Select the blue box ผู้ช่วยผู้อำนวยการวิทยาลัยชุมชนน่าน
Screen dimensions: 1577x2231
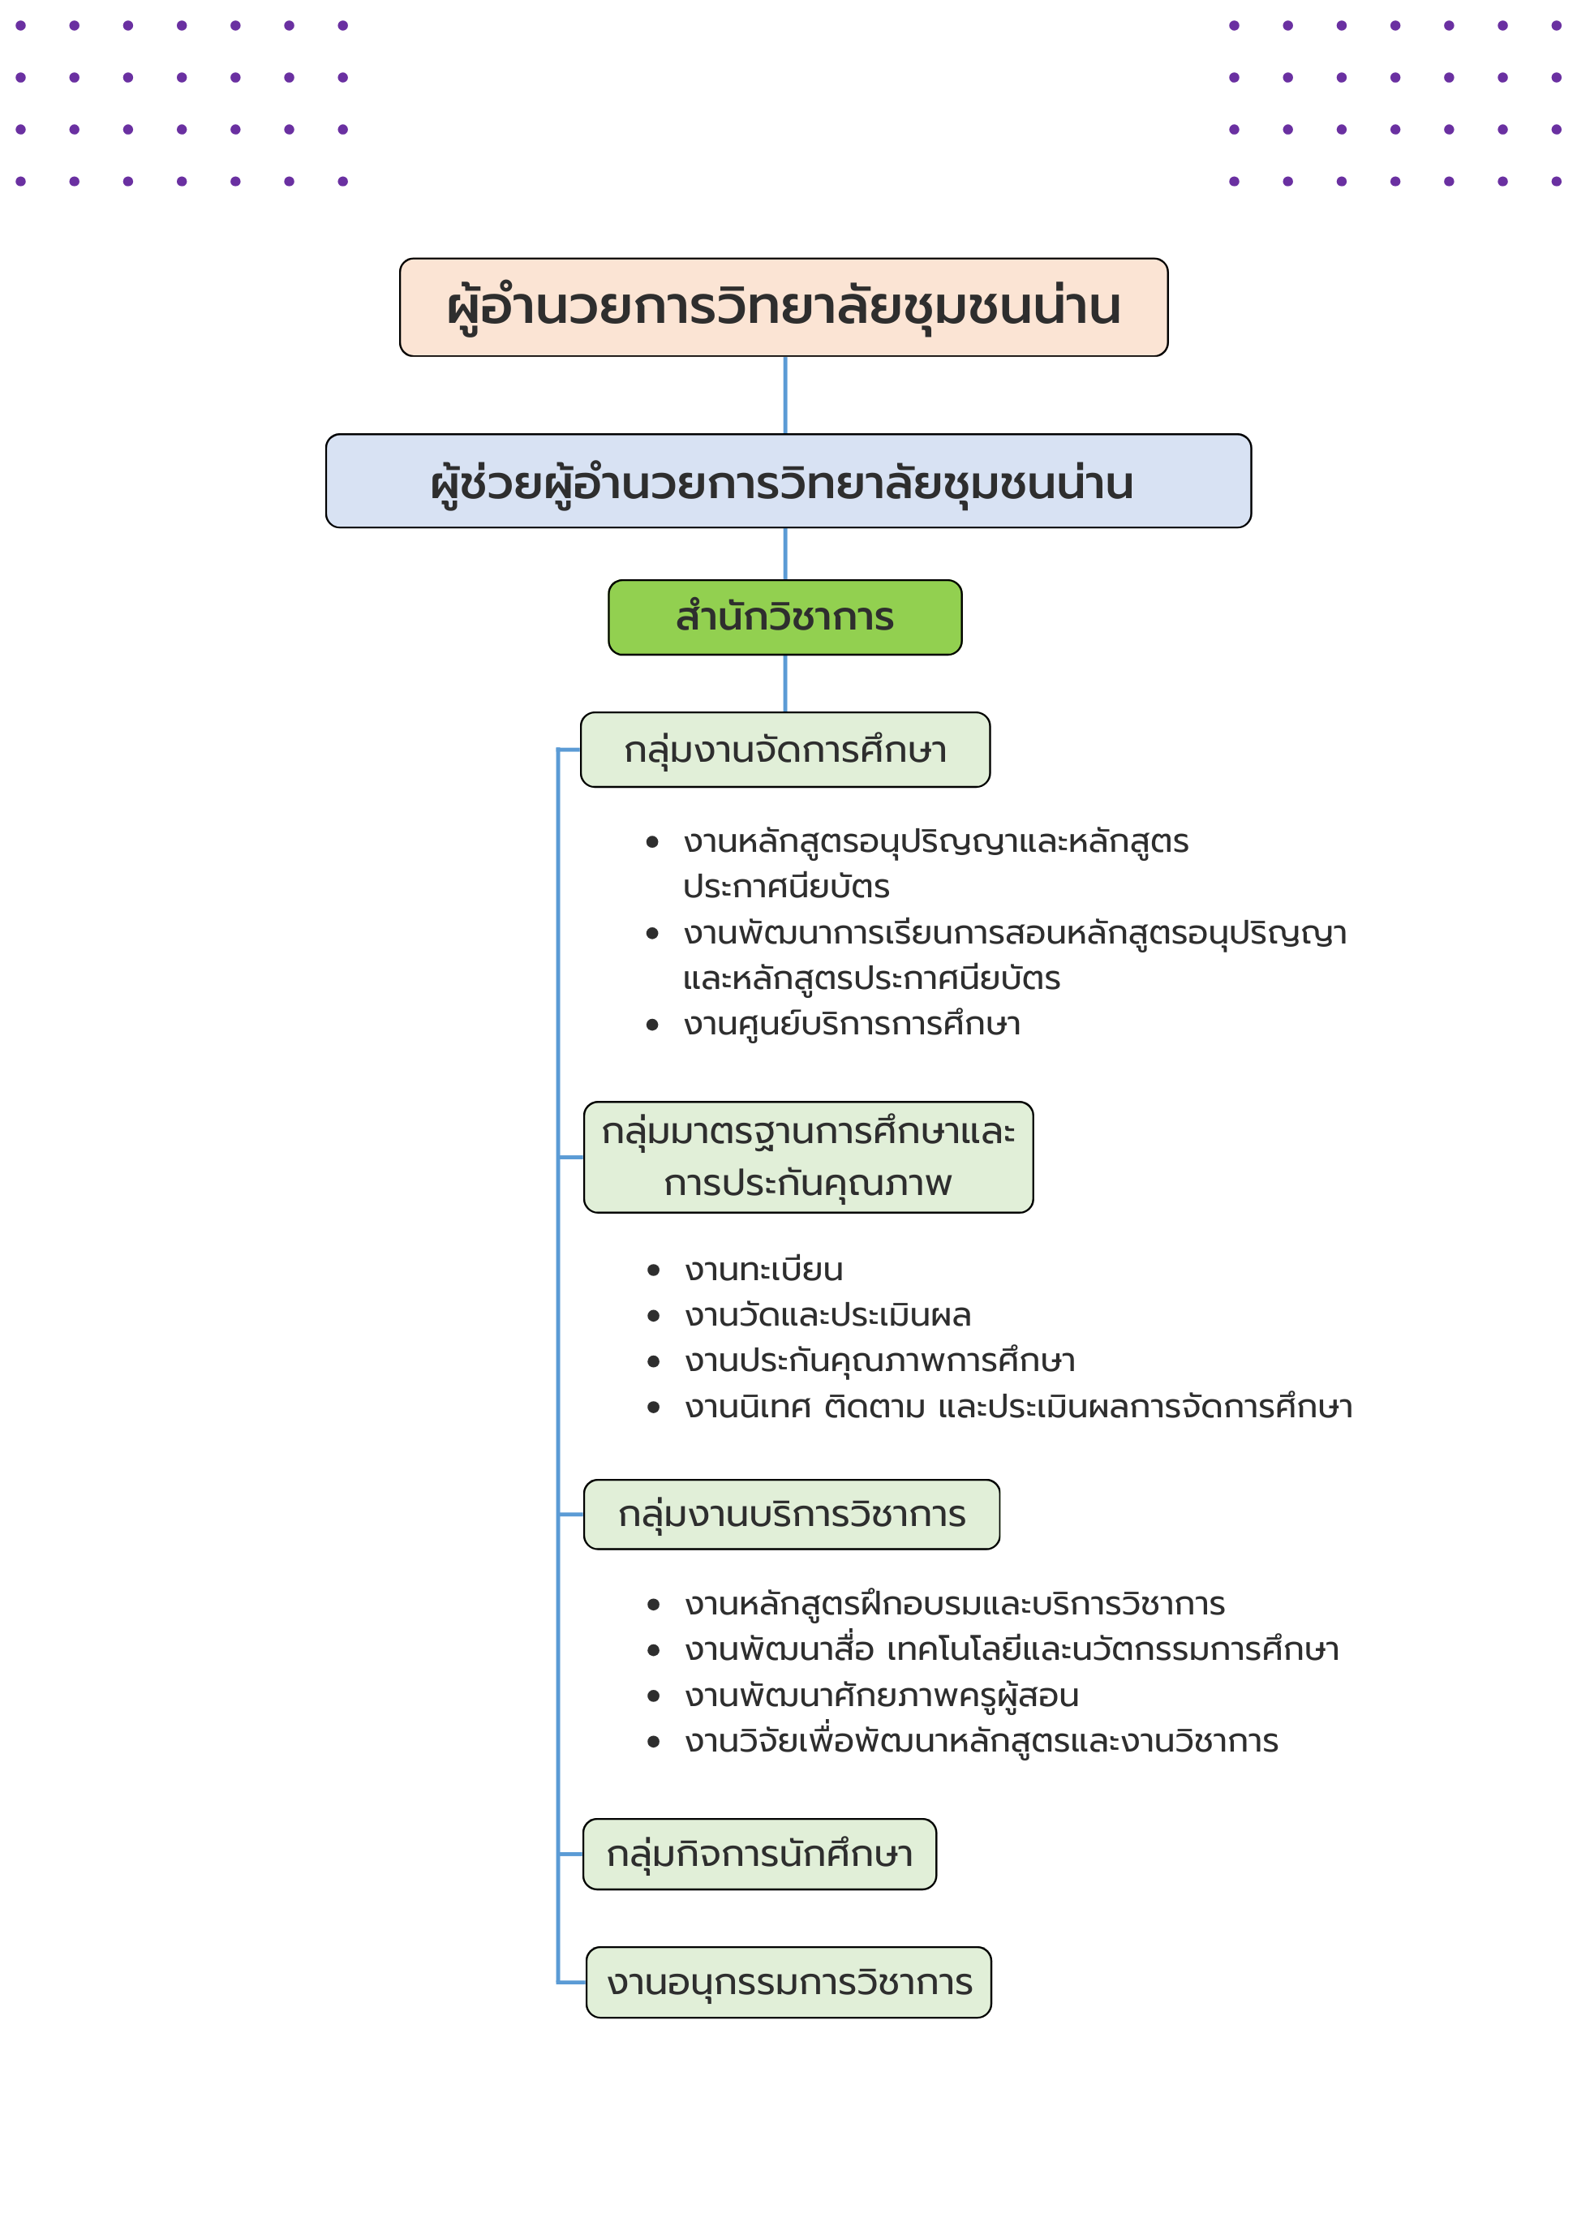(788, 481)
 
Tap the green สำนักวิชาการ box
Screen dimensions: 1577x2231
(785, 617)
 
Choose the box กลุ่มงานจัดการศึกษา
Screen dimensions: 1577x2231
(785, 749)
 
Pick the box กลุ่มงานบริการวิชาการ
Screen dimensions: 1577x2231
(791, 1514)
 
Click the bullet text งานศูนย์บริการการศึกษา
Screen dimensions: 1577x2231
(851, 1024)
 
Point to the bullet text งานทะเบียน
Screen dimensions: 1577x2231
(763, 1269)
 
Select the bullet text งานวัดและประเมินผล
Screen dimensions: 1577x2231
(828, 1315)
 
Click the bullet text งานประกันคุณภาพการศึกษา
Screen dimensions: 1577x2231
(879, 1361)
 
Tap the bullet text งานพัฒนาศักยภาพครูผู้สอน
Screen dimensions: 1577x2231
(881, 1696)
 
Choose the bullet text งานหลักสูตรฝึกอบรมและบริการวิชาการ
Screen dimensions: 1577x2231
(954, 1604)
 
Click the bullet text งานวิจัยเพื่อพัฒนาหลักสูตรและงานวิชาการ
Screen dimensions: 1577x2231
(982, 1741)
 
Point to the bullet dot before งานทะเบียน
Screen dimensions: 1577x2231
(653, 1270)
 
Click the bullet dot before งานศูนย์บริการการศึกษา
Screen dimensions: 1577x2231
(653, 1024)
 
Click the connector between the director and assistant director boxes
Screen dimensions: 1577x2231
(785, 395)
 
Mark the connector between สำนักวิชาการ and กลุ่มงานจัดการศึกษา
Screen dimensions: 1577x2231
(785, 683)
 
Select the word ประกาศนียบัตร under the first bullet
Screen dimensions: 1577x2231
(786, 886)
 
